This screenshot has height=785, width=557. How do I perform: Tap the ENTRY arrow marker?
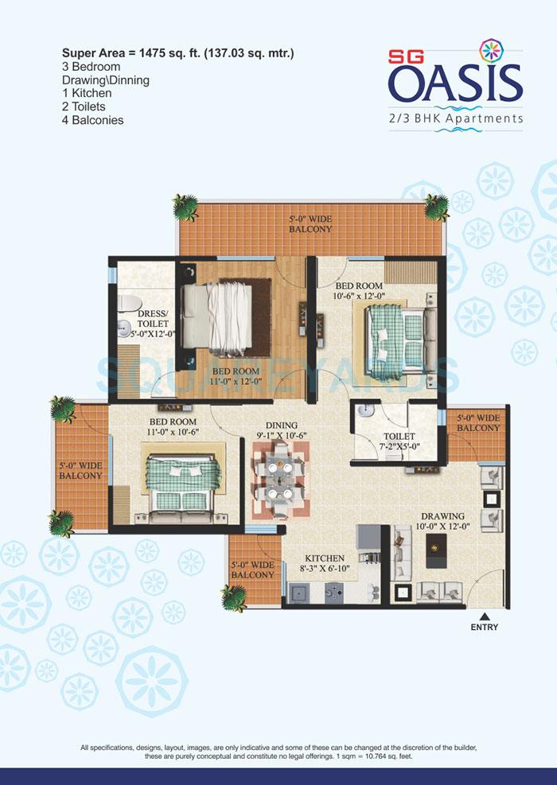[484, 615]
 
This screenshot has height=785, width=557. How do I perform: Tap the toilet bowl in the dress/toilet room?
[128, 305]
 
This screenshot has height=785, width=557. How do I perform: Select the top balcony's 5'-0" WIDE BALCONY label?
[310, 223]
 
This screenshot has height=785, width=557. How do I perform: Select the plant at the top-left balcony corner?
[186, 207]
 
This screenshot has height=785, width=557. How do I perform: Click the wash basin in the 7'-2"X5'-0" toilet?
[364, 412]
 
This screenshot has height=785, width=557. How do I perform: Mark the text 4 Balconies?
[94, 120]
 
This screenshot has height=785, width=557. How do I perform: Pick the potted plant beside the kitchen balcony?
[234, 597]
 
